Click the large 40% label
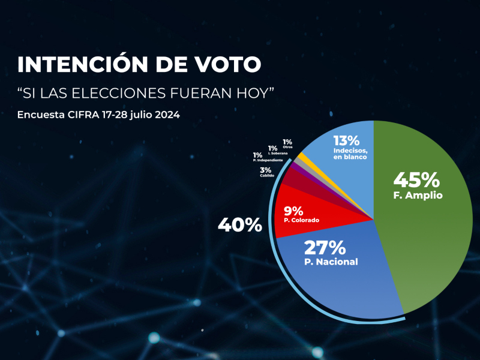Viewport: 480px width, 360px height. (x=239, y=226)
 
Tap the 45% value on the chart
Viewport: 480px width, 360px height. (x=416, y=179)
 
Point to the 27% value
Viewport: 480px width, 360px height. (x=325, y=247)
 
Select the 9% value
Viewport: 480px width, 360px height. (x=293, y=211)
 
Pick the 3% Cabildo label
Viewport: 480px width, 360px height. (x=265, y=170)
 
